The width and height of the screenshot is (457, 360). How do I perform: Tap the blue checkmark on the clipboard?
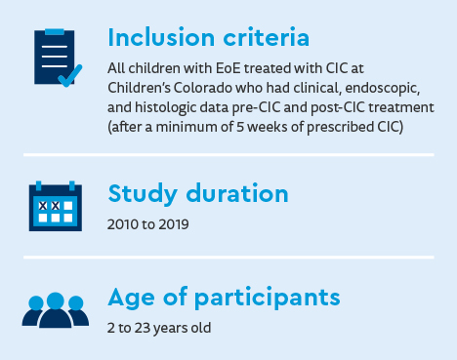[x=68, y=75]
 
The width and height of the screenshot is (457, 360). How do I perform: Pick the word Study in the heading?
[x=141, y=192]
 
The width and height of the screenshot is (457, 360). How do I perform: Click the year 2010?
[x=123, y=223]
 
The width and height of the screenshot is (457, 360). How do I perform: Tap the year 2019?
[x=172, y=223]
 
